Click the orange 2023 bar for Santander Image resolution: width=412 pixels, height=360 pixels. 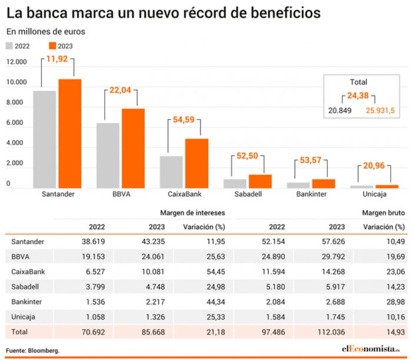tap(69, 134)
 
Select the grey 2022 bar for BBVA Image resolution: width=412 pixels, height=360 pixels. tap(108, 155)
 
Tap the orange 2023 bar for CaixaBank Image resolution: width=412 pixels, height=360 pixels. tap(197, 163)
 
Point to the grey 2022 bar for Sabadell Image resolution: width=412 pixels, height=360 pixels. tap(235, 183)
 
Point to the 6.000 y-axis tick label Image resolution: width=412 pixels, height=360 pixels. tap(16, 124)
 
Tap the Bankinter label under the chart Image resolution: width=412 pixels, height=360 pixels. tap(311, 194)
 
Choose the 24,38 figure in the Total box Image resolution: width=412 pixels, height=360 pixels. tap(358, 95)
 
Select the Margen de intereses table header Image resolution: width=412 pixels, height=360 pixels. tap(192, 212)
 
